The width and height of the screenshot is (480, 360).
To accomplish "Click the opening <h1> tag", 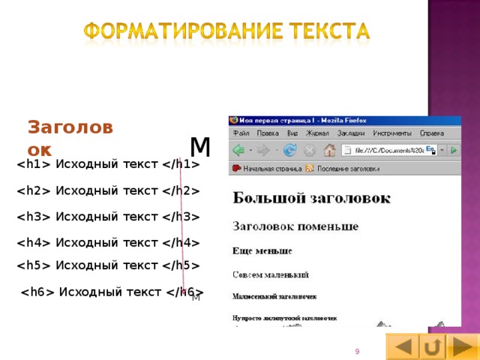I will [x=34, y=165].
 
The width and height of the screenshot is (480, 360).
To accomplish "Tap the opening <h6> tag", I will [x=37, y=292].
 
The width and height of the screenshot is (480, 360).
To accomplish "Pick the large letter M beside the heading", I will [x=200, y=146].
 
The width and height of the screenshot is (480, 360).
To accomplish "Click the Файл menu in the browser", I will [x=241, y=133].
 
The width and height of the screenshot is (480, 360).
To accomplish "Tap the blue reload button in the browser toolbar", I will [x=289, y=150].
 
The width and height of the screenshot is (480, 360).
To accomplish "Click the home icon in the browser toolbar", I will [x=329, y=150].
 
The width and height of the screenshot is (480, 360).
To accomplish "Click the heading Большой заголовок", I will [x=311, y=198].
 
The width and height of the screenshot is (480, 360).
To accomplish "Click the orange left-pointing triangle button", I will [x=403, y=347].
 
